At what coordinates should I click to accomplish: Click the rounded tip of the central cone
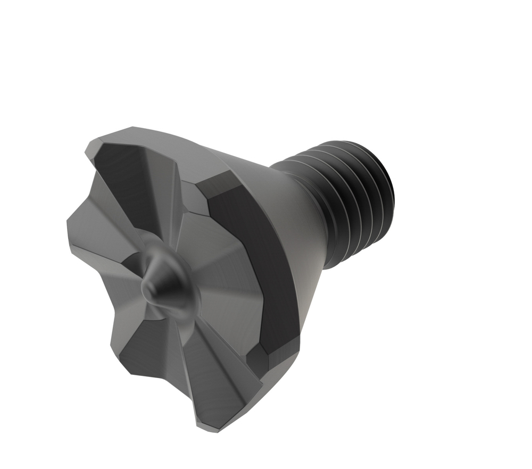click(x=151, y=288)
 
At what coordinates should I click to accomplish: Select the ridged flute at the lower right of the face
click(x=213, y=372)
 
